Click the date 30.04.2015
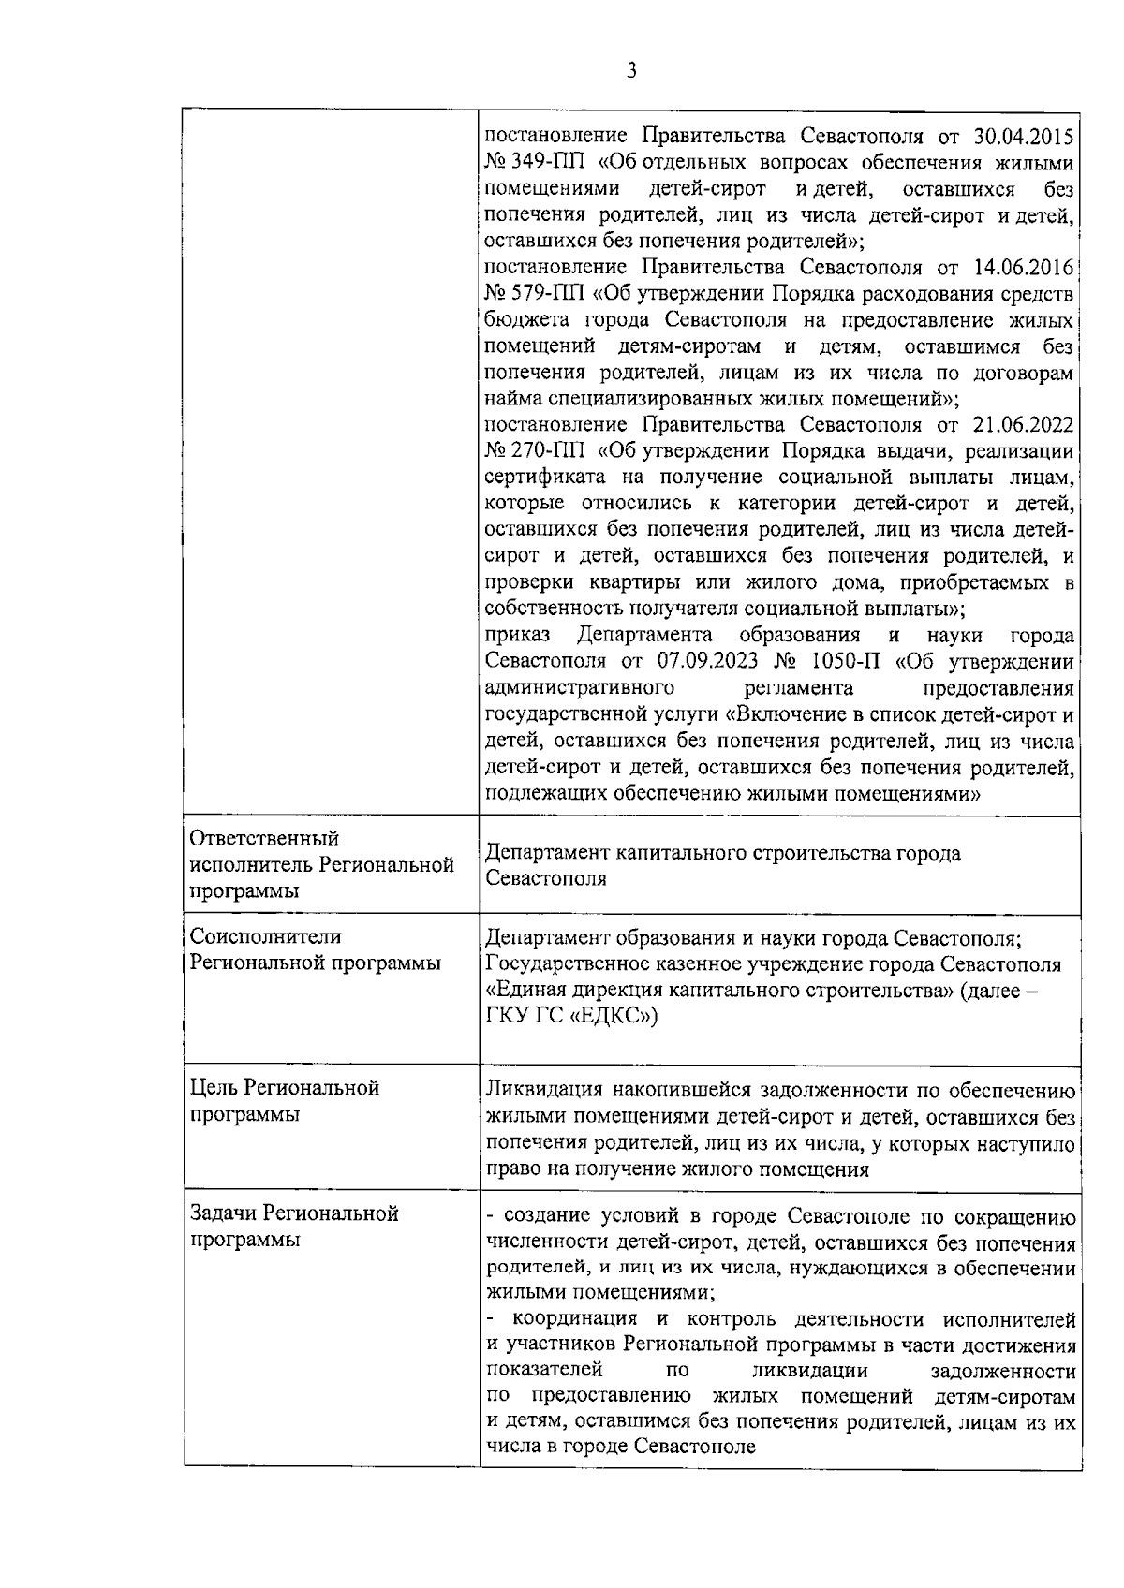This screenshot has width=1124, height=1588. click(1024, 137)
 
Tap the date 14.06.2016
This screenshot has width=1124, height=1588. click(1024, 268)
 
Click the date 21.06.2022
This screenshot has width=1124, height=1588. click(1024, 425)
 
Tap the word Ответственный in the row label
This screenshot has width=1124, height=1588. click(265, 837)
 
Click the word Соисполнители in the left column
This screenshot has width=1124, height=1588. click(266, 936)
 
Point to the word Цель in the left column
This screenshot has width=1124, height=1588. click(214, 1088)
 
